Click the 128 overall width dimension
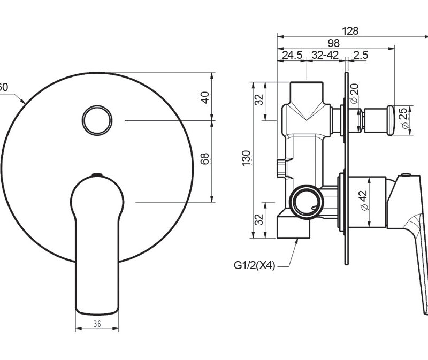tap(350, 31)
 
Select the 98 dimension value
tap(334, 43)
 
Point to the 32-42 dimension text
tap(325, 55)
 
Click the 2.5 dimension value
tap(361, 55)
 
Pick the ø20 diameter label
tap(354, 95)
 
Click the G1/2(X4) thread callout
tap(254, 264)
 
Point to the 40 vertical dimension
tap(204, 97)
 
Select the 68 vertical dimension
tap(204, 158)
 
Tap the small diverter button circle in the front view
tap(97, 120)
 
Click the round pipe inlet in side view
tap(306, 202)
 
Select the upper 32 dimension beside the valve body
tap(258, 99)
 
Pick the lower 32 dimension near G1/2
tap(258, 219)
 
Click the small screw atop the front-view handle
tap(97, 174)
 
